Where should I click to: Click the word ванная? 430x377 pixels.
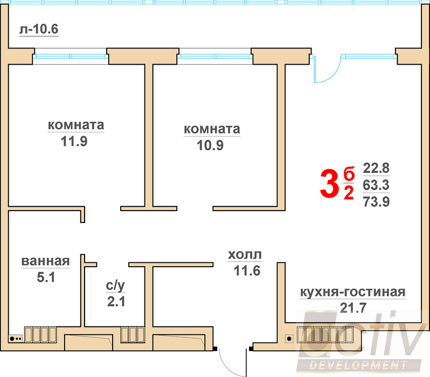pos(46,262)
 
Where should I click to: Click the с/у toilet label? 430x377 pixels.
pos(116,285)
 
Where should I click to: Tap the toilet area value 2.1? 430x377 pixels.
pos(116,302)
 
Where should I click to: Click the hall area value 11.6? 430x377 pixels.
pos(247,271)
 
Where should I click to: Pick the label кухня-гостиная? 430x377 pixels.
pos(352,292)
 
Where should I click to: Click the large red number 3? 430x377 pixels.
pos(328,184)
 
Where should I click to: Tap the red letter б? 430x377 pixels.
pos(349,174)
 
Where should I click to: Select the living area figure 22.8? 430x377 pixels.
pos(376,167)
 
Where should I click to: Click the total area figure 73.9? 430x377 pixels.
pos(376,202)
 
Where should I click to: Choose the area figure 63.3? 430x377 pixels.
pos(376,185)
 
